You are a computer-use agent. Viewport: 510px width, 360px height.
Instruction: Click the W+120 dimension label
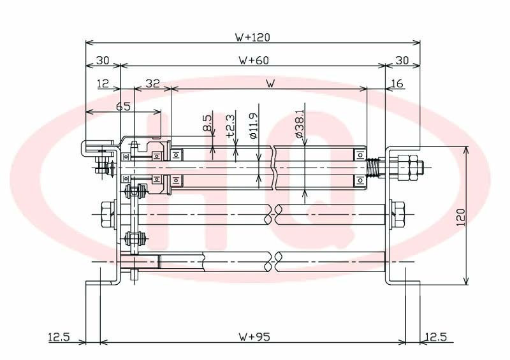(x=252, y=38)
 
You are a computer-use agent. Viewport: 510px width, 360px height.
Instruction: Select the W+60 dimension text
(x=254, y=61)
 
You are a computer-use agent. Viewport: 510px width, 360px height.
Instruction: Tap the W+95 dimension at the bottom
(x=254, y=337)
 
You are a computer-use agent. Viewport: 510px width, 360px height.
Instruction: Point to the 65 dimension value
(x=123, y=106)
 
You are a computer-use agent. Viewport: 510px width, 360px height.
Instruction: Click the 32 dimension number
(x=152, y=83)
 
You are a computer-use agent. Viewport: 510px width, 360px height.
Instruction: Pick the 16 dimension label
(x=397, y=83)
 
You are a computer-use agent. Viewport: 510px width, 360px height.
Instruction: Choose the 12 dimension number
(x=103, y=83)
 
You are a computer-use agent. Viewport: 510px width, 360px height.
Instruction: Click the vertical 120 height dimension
(x=461, y=217)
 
